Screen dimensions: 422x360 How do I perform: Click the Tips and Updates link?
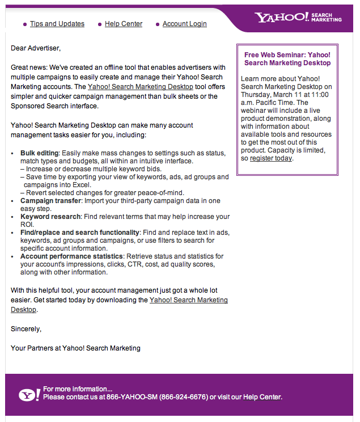pos(57,24)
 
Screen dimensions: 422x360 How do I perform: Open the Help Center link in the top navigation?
pos(124,24)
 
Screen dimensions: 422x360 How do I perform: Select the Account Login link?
pos(184,24)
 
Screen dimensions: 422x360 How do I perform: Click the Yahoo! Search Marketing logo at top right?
pos(298,17)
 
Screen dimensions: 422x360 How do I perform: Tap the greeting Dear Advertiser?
pos(35,48)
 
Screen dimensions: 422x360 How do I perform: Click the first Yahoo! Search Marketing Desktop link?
pos(140,87)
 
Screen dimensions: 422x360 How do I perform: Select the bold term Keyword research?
pos(50,217)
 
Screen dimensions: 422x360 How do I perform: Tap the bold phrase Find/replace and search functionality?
pos(79,233)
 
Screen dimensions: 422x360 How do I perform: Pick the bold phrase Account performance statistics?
pos(71,256)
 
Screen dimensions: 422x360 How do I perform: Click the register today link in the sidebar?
pos(270,158)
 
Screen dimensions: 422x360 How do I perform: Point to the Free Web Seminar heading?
pos(287,59)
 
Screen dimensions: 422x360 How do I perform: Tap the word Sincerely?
pos(26,328)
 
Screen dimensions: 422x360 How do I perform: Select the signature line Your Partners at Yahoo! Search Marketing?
pos(75,348)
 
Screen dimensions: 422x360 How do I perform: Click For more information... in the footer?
pos(77,389)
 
